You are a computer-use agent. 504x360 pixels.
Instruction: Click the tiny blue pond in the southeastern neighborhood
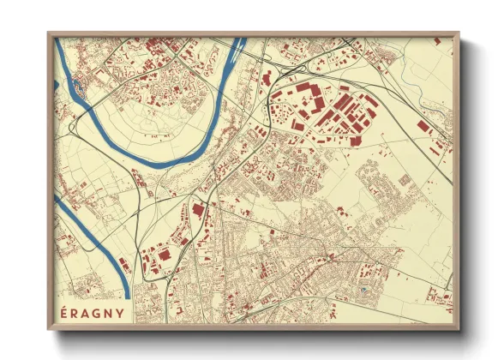[x=364, y=291]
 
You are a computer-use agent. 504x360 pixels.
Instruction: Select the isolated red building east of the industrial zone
[x=423, y=125]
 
